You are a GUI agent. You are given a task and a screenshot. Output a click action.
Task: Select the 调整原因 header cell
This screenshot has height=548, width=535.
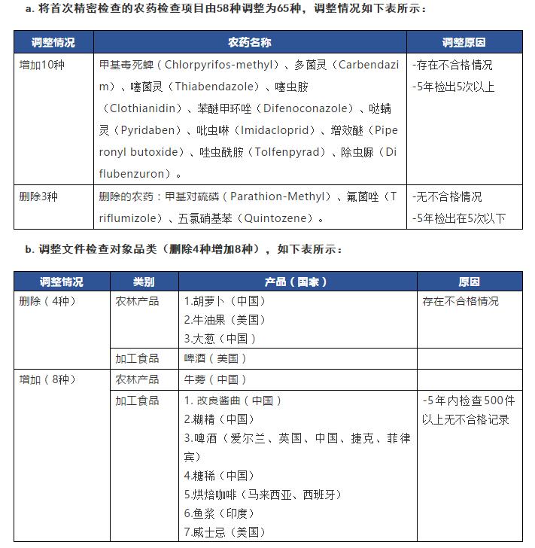[x=464, y=42]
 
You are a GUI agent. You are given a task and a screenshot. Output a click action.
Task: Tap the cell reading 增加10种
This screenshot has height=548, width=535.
[x=42, y=65]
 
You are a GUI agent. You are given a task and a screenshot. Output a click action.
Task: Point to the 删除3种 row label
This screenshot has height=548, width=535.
[x=39, y=197]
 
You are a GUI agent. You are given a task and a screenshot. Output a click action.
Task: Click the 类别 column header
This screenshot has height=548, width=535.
[x=144, y=282]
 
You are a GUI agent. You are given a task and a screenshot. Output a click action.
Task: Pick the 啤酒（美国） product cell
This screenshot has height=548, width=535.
[x=215, y=358]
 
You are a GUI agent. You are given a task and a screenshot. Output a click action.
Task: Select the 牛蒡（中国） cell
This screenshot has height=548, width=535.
[x=215, y=379]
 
